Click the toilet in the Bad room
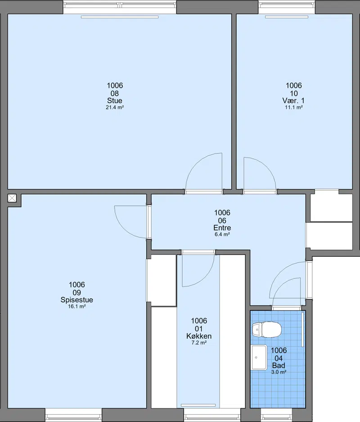point(267,329)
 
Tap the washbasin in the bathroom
point(259,358)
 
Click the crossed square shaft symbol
point(12,198)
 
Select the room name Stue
point(115,100)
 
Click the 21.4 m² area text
point(115,107)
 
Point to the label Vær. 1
point(293,100)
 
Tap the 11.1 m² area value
point(293,107)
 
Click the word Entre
point(222,228)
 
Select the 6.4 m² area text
point(222,234)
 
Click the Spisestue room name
point(77,300)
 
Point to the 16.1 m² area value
point(77,307)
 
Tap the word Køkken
point(199,336)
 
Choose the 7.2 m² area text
point(199,343)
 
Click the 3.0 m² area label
point(279,372)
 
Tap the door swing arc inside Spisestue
point(124,229)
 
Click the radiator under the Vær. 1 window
point(287,17)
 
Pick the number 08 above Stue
point(115,93)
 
